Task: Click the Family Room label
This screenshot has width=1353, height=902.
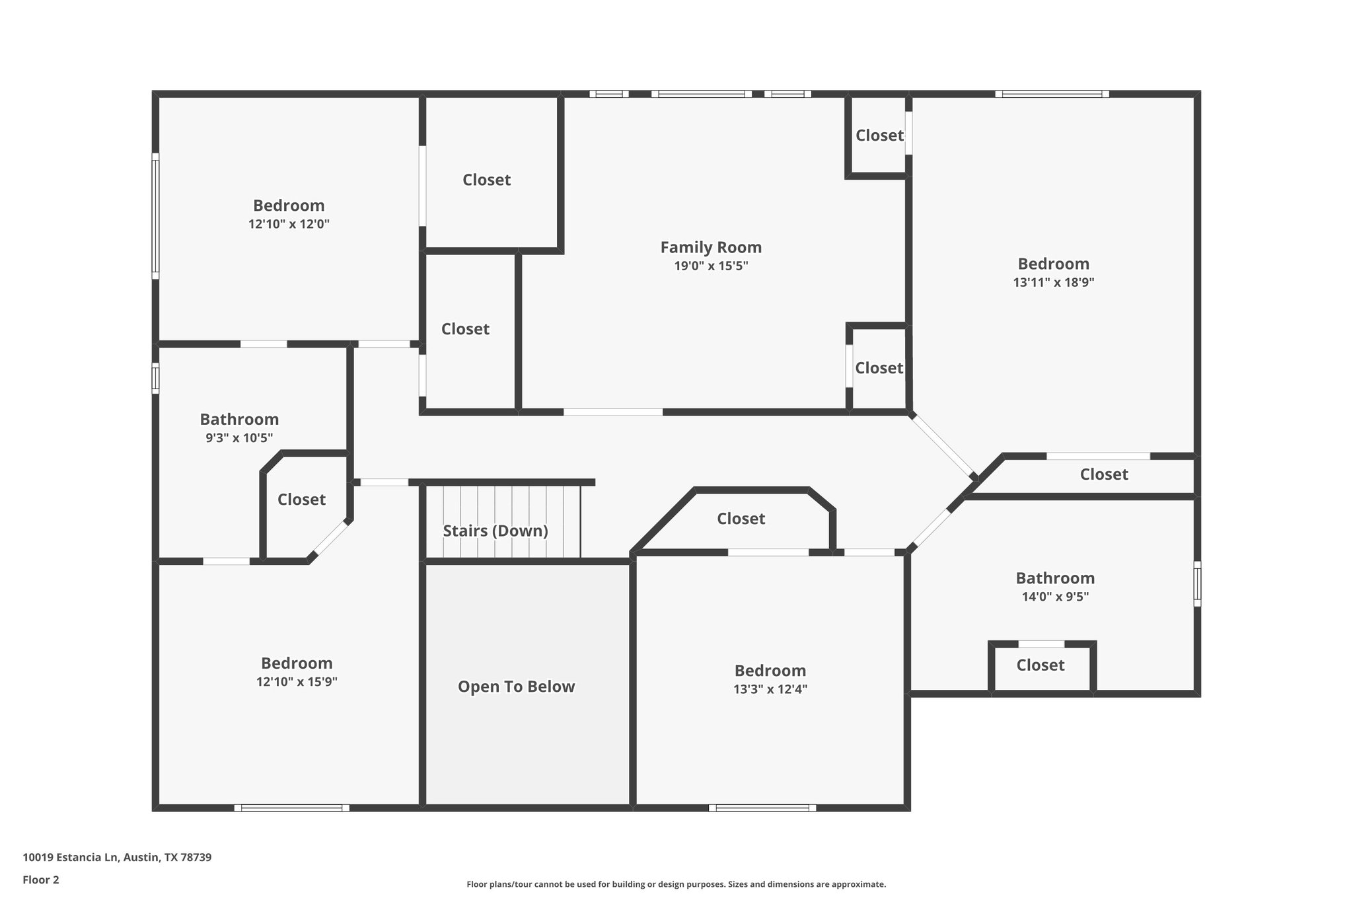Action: click(x=711, y=247)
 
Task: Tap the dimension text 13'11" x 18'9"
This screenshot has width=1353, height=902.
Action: click(x=1053, y=282)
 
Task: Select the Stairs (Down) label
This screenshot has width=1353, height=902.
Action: click(x=495, y=531)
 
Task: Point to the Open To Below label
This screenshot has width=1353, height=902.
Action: click(x=516, y=687)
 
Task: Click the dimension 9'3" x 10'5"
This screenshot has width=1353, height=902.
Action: click(x=239, y=437)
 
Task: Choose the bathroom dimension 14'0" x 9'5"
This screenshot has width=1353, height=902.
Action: click(x=1054, y=596)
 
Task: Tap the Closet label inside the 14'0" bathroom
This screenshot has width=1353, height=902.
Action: click(x=1040, y=665)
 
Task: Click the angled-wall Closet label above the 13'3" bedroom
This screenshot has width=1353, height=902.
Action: click(x=741, y=519)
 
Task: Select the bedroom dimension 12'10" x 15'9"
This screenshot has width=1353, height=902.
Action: click(x=297, y=681)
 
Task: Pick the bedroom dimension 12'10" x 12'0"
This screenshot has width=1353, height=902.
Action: click(x=289, y=224)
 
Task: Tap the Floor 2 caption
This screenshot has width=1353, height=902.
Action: click(x=41, y=880)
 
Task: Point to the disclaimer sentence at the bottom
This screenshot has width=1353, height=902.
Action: click(x=676, y=884)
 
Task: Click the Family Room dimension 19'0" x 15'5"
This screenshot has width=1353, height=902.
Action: click(x=711, y=266)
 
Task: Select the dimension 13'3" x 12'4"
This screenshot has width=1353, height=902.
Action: click(x=770, y=689)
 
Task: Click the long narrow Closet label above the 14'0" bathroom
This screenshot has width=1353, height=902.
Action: click(x=1103, y=474)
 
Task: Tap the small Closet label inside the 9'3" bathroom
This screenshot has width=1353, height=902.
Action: click(x=301, y=500)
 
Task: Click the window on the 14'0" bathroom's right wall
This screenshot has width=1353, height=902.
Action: click(x=1197, y=583)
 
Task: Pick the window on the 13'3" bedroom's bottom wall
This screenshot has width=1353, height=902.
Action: click(x=762, y=808)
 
